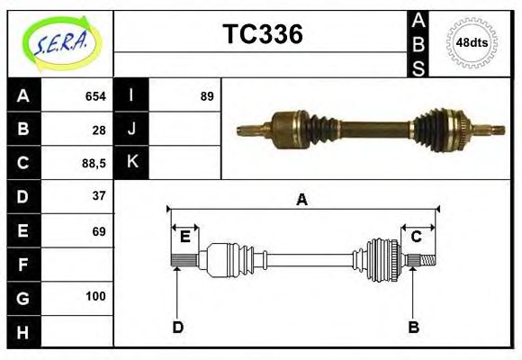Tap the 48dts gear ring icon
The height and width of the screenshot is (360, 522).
click(472, 43)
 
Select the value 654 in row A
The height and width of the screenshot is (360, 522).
click(94, 96)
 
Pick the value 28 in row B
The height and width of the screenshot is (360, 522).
click(99, 130)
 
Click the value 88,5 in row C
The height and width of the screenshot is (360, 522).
click(94, 163)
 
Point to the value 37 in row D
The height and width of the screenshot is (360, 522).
click(99, 196)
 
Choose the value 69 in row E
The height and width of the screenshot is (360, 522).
click(99, 230)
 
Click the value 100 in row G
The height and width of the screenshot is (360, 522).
click(95, 296)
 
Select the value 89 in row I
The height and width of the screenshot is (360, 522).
click(207, 96)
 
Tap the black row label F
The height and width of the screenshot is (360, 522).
click(23, 264)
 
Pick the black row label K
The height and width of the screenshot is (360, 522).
click(132, 163)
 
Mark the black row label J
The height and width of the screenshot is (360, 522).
click(132, 130)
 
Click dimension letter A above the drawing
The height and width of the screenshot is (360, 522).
click(302, 200)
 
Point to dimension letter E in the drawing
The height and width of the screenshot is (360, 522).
click(185, 237)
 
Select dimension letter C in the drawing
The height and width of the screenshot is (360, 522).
click(416, 237)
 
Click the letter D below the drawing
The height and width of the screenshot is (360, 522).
click(177, 327)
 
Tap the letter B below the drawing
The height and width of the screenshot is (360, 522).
click(413, 327)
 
